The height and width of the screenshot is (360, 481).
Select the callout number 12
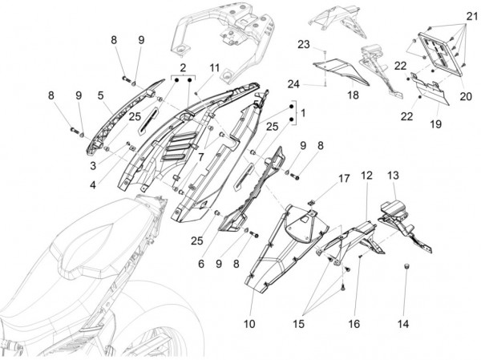[x=366, y=175]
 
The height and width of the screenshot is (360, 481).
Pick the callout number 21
[x=466, y=16]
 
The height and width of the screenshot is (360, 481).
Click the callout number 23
[x=304, y=43]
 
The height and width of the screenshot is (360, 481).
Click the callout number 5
[x=100, y=95]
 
